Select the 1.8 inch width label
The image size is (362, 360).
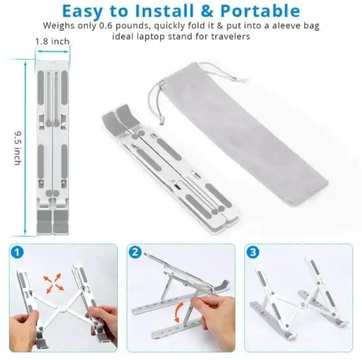tap(52, 41)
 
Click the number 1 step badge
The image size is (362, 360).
tap(18, 253)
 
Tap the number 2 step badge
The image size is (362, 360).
tap(135, 253)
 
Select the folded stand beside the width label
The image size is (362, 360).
tap(52, 146)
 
